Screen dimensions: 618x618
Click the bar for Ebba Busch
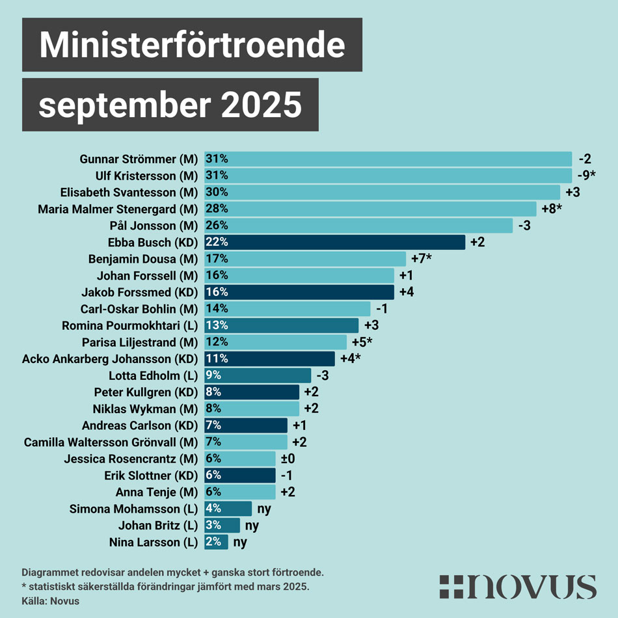click(x=335, y=242)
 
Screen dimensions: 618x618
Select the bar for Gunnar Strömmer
click(x=388, y=159)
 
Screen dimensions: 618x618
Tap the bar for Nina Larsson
click(x=217, y=541)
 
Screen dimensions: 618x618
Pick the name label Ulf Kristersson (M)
click(x=146, y=176)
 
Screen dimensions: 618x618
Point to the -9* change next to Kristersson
click(x=588, y=176)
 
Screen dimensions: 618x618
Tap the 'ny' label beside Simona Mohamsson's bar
click(x=264, y=509)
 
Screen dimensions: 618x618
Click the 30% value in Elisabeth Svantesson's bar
click(x=217, y=192)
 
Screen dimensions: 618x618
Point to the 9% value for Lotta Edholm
click(x=214, y=375)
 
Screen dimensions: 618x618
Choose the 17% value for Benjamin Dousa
click(x=217, y=259)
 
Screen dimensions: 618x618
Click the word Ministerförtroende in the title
click(x=192, y=45)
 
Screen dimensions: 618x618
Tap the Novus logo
click(x=517, y=587)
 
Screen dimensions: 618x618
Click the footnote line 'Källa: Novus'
click(x=51, y=601)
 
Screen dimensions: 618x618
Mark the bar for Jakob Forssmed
click(x=299, y=292)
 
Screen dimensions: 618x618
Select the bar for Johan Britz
click(x=222, y=525)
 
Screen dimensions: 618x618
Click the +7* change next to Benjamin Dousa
click(x=422, y=259)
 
